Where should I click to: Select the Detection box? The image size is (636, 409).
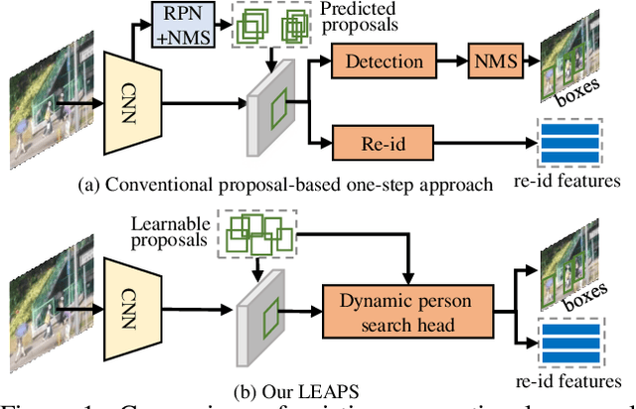tap(384, 62)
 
